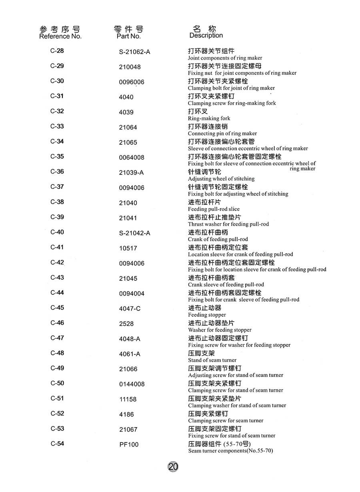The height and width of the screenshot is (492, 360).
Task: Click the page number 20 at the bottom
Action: (173, 466)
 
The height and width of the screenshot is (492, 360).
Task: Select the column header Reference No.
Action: (60, 36)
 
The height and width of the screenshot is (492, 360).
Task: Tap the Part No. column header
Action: (129, 36)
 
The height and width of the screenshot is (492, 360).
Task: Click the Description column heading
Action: (206, 36)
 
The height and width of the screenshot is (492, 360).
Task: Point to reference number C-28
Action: (57, 51)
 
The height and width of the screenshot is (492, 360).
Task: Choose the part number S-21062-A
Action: (134, 52)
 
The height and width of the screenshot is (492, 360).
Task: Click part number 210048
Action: (130, 67)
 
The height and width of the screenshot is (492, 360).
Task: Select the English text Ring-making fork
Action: (209, 118)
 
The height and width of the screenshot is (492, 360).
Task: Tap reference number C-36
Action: (57, 172)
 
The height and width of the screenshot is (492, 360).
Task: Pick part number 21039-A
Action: (131, 172)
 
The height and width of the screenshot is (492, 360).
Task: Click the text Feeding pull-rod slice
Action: (214, 209)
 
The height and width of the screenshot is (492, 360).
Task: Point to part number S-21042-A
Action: (134, 233)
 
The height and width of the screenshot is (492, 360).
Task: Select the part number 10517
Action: (128, 248)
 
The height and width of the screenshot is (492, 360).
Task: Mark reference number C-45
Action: (57, 308)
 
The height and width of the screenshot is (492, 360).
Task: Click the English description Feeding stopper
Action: (207, 315)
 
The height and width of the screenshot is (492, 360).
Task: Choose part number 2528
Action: (126, 324)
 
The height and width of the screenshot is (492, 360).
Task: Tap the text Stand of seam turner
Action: (212, 360)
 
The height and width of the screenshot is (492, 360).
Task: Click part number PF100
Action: (129, 444)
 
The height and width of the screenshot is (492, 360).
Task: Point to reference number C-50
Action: (57, 383)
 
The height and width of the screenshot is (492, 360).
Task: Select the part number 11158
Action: (128, 399)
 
